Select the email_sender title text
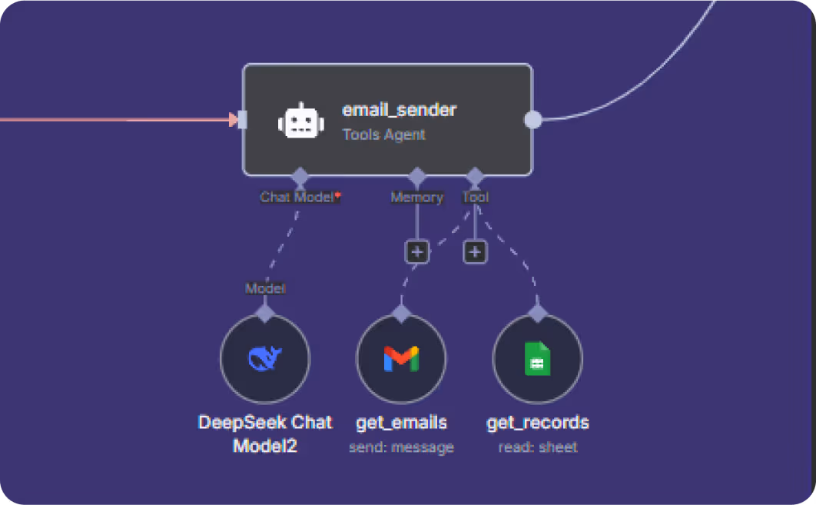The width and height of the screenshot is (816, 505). click(399, 110)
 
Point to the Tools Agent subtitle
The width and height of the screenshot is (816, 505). click(383, 135)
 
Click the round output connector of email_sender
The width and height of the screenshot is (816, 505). click(532, 120)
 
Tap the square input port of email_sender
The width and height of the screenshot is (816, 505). click(242, 119)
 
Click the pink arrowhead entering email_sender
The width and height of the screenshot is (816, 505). click(233, 119)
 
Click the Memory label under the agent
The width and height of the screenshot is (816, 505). click(416, 198)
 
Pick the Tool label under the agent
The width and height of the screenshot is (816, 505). click(475, 198)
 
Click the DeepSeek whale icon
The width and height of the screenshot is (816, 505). click(265, 358)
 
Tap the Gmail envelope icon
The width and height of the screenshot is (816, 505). click(401, 359)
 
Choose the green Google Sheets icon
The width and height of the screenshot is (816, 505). click(537, 359)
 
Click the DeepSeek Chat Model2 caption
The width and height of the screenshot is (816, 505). click(265, 434)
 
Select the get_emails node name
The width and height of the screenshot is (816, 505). click(401, 423)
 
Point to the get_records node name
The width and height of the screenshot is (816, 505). click(538, 423)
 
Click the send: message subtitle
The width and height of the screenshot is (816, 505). click(401, 447)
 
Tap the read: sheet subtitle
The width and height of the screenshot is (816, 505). click(538, 447)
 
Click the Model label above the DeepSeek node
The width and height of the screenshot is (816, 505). click(265, 289)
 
